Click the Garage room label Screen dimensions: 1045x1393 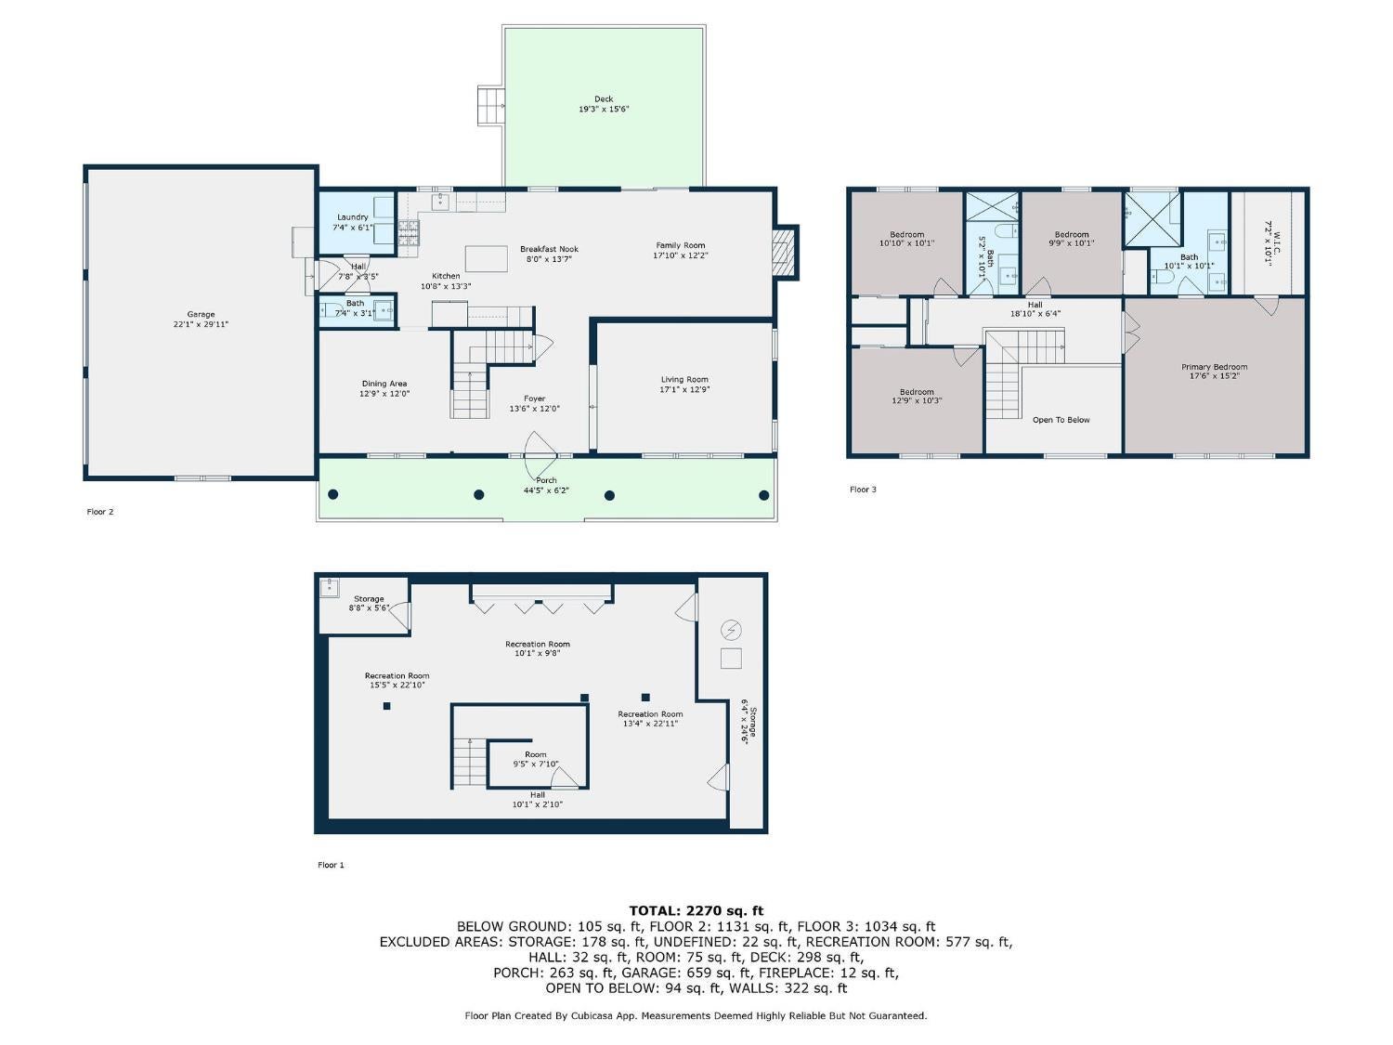pyautogui.click(x=201, y=315)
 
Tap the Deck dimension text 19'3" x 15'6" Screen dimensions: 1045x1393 pyautogui.click(x=604, y=110)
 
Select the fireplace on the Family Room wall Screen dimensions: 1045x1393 pyautogui.click(x=786, y=251)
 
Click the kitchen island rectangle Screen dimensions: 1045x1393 pyautogui.click(x=487, y=258)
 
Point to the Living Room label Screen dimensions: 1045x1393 pyautogui.click(x=684, y=379)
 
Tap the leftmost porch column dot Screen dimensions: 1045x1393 pyautogui.click(x=333, y=494)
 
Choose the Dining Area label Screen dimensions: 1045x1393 pyautogui.click(x=384, y=384)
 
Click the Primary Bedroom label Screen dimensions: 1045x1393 pyautogui.click(x=1214, y=367)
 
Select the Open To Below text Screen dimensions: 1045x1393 pyautogui.click(x=1061, y=420)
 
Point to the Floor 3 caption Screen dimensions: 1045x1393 pyautogui.click(x=863, y=490)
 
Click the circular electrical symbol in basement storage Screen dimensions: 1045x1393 pyautogui.click(x=732, y=631)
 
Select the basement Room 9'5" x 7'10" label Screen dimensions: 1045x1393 pyautogui.click(x=536, y=754)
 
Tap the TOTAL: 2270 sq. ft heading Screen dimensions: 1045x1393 pyautogui.click(x=696, y=911)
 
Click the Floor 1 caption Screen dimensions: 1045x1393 pyautogui.click(x=331, y=865)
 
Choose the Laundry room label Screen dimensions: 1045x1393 pyautogui.click(x=353, y=217)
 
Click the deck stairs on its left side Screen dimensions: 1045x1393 pyautogui.click(x=489, y=105)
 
